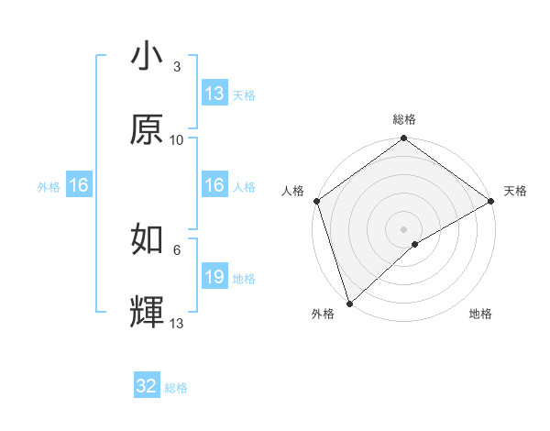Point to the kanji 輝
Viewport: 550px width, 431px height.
coord(147,313)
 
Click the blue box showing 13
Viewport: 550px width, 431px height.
coord(214,94)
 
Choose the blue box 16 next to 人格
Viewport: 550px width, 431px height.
coord(214,185)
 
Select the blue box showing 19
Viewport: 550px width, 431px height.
coord(214,277)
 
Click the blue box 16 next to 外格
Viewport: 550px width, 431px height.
coord(79,185)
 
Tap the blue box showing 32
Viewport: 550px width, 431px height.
coord(147,386)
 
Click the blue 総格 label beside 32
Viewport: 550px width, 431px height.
coord(176,388)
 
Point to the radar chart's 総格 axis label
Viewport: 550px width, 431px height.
coord(404,120)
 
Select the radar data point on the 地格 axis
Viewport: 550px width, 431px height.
coord(415,244)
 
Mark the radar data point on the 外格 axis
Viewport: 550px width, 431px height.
coord(349,303)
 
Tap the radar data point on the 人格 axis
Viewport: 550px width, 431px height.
coord(316,201)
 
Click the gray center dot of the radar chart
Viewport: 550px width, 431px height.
coord(404,228)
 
